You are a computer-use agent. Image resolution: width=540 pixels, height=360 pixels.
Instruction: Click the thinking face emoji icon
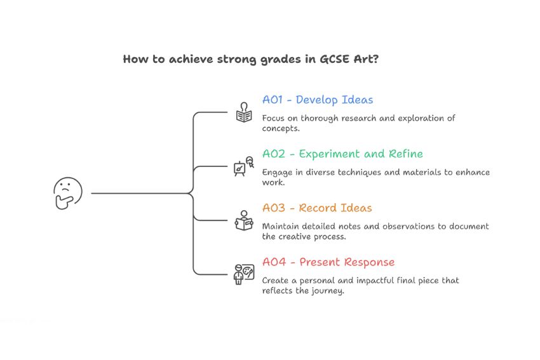[x=67, y=193]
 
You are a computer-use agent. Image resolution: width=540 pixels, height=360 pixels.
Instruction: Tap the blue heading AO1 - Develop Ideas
[x=318, y=100]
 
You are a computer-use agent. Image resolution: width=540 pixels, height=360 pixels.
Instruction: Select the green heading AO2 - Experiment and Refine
[x=342, y=154]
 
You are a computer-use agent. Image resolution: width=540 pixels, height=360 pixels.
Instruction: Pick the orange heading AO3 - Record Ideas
[x=317, y=208]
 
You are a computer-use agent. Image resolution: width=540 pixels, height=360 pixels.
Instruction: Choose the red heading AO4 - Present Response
[x=328, y=262]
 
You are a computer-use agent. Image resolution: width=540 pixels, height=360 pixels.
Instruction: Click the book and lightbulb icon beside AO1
[x=243, y=112]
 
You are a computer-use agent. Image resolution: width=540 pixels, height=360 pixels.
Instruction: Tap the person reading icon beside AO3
[x=243, y=220]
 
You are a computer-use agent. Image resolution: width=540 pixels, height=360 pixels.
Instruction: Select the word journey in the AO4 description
[x=330, y=291]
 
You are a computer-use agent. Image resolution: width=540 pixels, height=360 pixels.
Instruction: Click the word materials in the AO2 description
[x=415, y=172]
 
